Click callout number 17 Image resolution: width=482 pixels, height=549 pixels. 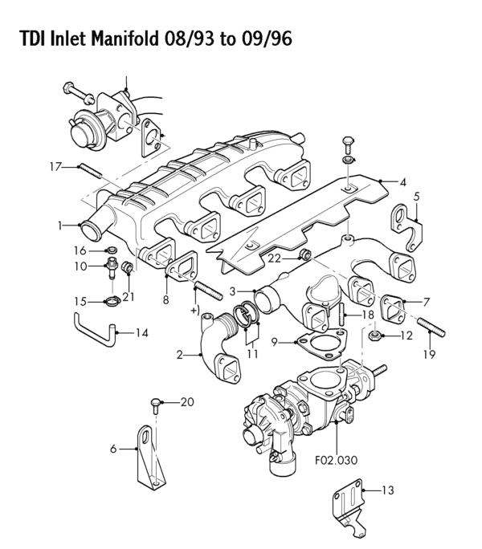tap(55, 166)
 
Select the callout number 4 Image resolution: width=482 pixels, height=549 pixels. tap(403, 181)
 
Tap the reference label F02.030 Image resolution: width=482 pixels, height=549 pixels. tap(336, 460)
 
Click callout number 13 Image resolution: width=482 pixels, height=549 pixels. tap(389, 489)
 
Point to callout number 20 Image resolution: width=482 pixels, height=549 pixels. tap(187, 401)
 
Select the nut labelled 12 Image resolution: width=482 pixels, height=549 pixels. tap(374, 335)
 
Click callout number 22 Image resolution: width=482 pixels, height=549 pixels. tap(274, 258)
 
